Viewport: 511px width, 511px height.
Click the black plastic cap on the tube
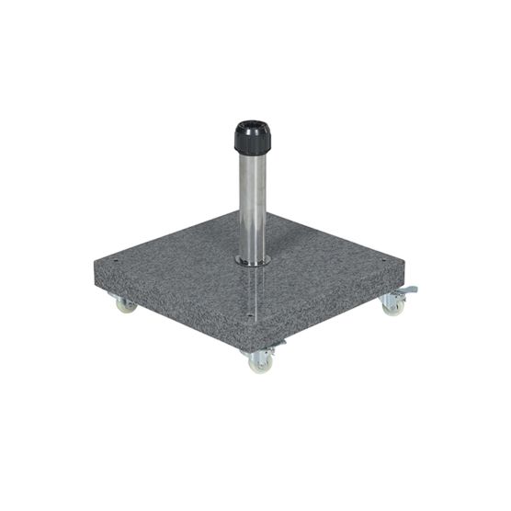click(251, 139)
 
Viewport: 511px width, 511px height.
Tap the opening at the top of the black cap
click(251, 124)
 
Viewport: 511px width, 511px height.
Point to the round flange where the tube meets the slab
click(252, 262)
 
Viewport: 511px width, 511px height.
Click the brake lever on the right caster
click(408, 290)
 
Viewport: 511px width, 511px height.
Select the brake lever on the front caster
click(276, 345)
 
